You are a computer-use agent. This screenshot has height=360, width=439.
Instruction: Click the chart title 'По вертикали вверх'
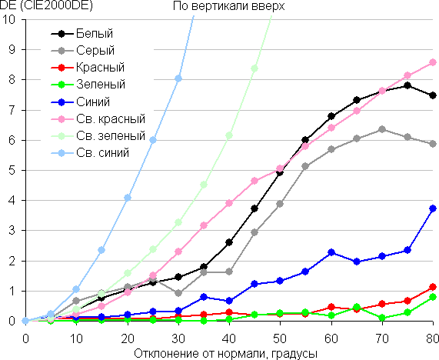229,6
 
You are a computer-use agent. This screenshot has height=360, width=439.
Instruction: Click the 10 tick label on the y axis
10,19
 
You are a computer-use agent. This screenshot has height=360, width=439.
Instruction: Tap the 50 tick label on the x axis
280,338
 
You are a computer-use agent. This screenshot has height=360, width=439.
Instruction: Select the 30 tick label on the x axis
178,338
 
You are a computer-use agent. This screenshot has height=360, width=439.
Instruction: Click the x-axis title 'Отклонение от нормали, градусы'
226,354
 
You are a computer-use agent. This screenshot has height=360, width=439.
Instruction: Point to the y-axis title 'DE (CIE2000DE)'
46,6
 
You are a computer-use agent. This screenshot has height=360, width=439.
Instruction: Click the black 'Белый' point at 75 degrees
407,85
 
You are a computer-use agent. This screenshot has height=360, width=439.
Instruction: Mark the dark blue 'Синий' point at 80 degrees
433,208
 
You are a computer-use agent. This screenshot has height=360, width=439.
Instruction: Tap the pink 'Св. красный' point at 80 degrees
433,62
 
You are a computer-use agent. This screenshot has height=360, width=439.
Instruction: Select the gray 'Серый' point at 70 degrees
382,129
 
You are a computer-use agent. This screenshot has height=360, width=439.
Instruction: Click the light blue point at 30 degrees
178,78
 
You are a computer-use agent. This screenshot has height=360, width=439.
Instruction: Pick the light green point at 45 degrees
254,68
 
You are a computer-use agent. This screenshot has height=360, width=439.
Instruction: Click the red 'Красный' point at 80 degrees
433,287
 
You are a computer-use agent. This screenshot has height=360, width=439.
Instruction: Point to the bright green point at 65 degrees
357,307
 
